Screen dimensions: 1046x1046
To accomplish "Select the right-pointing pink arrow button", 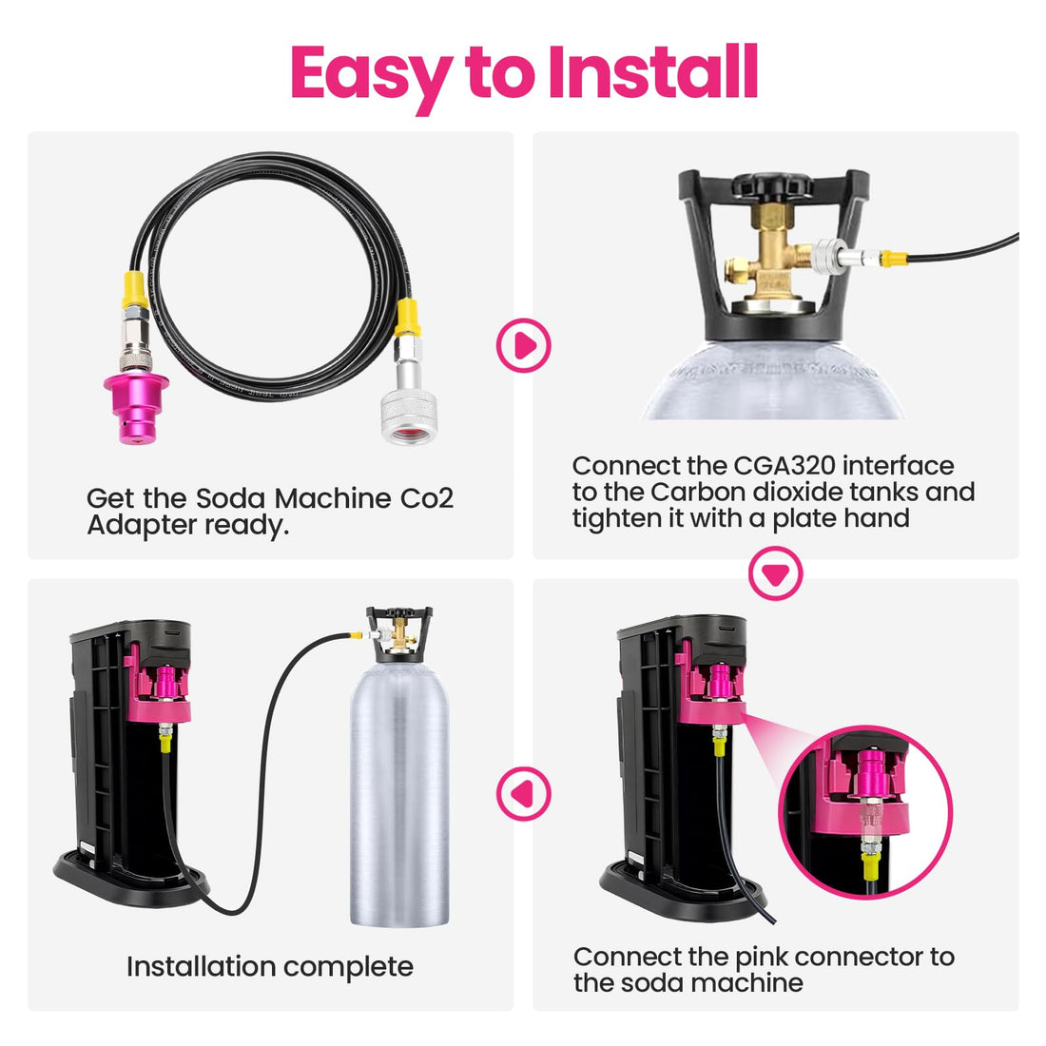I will (524, 345).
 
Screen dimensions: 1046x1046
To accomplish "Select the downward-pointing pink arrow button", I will (776, 574).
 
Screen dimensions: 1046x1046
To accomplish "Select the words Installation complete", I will (270, 967).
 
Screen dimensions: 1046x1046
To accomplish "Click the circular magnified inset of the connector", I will (864, 811).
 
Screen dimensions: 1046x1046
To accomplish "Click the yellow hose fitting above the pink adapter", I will (134, 286).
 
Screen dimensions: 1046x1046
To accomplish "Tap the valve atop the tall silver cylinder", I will (399, 629).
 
